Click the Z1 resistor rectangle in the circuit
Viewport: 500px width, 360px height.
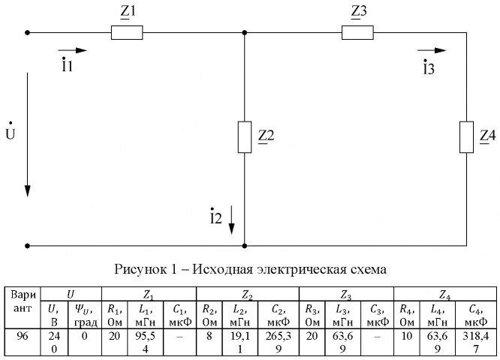pos(126,33)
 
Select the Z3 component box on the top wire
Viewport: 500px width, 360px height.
pos(357,33)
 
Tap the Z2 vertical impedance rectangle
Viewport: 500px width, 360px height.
pos(245,136)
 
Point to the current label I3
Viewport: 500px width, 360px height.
pos(428,68)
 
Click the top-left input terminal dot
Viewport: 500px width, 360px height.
pos(28,33)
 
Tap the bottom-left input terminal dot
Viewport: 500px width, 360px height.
pos(28,245)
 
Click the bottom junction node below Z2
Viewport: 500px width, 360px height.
pos(245,245)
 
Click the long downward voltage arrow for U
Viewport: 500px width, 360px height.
pos(28,135)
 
